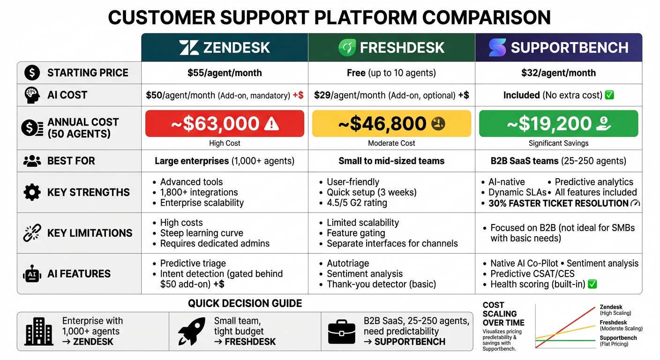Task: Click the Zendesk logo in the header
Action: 189,48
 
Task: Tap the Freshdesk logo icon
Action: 348,48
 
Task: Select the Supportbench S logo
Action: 497,48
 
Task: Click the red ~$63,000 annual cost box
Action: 225,124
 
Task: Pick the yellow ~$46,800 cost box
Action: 391,124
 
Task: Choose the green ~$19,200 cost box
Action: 558,124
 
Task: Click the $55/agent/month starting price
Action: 225,73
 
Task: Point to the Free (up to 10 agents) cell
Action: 391,73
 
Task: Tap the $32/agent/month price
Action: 558,73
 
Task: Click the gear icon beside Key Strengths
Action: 32,193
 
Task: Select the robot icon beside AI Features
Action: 32,274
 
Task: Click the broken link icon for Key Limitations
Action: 32,233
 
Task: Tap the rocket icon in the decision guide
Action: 192,331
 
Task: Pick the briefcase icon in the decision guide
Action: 341,332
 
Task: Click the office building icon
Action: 39,331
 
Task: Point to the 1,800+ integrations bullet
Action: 199,192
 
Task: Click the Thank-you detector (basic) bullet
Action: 381,284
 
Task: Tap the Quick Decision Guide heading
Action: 245,303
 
